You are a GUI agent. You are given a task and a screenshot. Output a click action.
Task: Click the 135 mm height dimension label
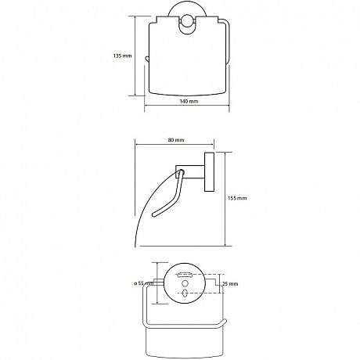[x=122, y=56]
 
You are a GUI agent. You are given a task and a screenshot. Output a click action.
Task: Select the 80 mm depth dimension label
[x=176, y=140]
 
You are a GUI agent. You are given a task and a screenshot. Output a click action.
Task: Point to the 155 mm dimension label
[x=237, y=198]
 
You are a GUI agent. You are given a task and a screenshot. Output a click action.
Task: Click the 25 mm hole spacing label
[x=230, y=283]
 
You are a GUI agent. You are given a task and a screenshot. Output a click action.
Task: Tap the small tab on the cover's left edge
[x=147, y=59]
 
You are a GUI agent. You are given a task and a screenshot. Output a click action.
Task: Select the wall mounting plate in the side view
[x=209, y=173]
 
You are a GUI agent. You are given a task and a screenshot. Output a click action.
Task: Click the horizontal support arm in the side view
[x=190, y=171]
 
